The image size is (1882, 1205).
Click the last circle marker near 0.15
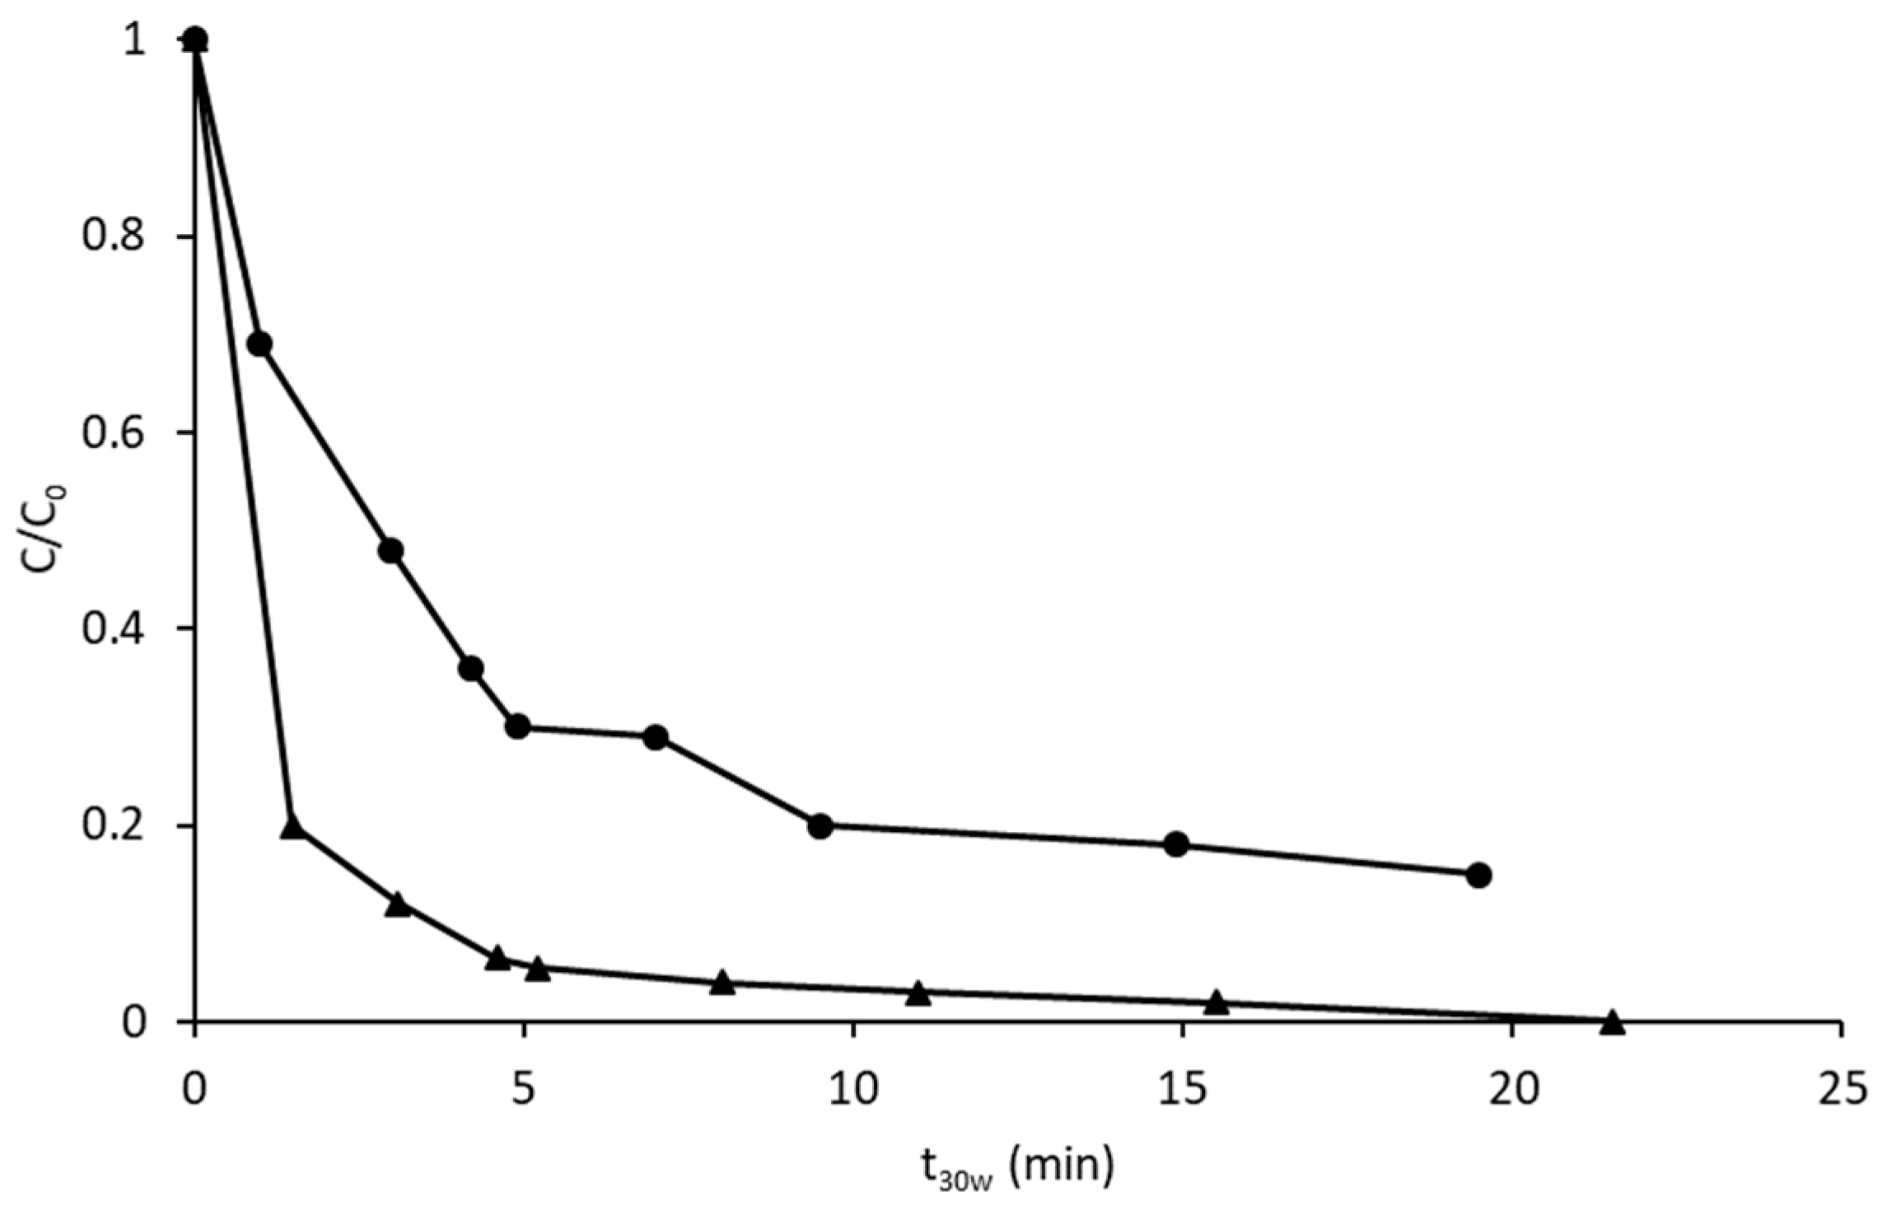click(1479, 875)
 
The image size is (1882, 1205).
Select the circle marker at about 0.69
click(259, 344)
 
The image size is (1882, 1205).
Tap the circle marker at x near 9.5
click(820, 825)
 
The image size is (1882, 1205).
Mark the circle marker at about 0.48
click(391, 550)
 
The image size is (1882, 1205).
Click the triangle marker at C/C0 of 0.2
click(292, 827)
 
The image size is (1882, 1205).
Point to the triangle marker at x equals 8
click(722, 983)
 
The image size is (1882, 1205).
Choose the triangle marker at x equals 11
click(919, 993)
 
